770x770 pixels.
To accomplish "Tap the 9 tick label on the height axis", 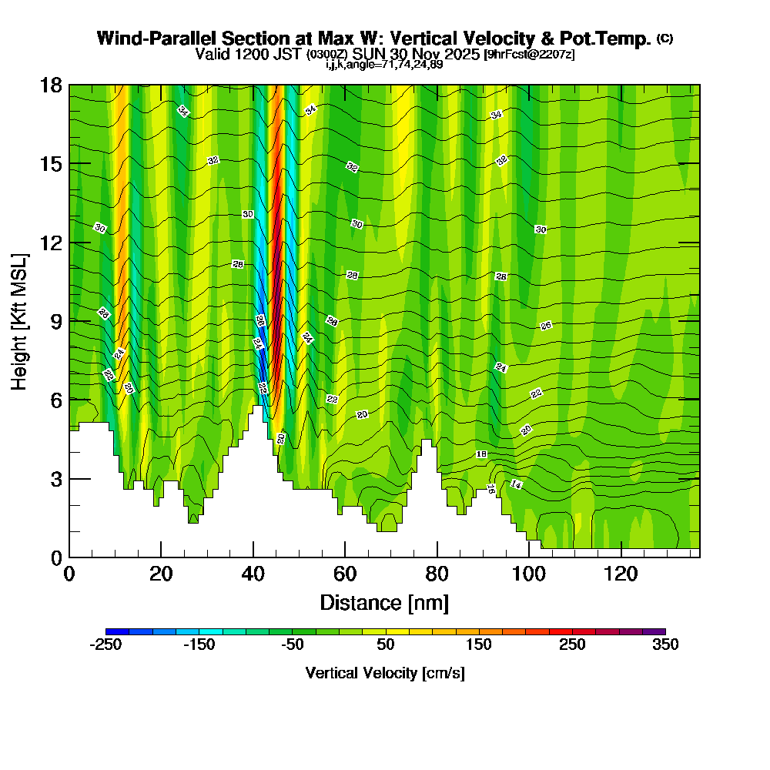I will tap(56, 321).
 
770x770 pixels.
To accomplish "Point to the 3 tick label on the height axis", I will tap(56, 479).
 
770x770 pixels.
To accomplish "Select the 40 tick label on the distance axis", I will tap(253, 574).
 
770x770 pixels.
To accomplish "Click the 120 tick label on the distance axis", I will tap(621, 574).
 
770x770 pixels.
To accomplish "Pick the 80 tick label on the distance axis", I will tap(437, 574).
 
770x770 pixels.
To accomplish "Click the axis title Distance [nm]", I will tap(384, 602).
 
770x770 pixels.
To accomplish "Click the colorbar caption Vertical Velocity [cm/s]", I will tap(385, 673).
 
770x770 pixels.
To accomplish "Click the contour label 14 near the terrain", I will tap(516, 484).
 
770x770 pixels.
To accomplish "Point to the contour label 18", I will tap(481, 454).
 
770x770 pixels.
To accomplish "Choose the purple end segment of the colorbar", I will tap(654, 631).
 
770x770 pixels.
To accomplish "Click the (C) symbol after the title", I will tap(665, 38).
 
